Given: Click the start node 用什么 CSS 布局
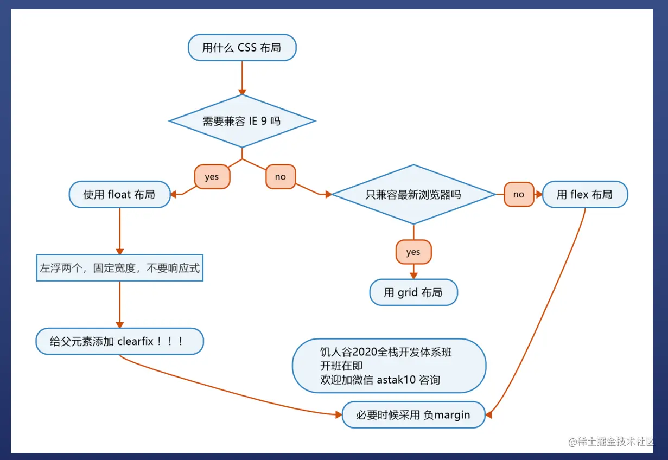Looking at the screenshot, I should pyautogui.click(x=242, y=48).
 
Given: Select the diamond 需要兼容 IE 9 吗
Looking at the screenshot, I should pyautogui.click(x=242, y=121).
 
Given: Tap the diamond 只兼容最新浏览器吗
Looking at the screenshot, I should pyautogui.click(x=413, y=194).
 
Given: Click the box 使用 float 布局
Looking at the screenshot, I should pyautogui.click(x=119, y=194).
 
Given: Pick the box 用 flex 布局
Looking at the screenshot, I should pyautogui.click(x=585, y=194).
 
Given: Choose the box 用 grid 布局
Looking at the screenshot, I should pyautogui.click(x=413, y=293).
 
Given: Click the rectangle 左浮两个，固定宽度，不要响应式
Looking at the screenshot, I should pyautogui.click(x=119, y=268).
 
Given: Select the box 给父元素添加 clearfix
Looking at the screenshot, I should pyautogui.click(x=119, y=342).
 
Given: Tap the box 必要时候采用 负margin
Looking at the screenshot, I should pyautogui.click(x=413, y=415).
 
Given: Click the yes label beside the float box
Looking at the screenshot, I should pyautogui.click(x=212, y=177).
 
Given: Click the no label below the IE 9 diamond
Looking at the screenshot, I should pyautogui.click(x=280, y=177).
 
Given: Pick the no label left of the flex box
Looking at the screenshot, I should pyautogui.click(x=519, y=194).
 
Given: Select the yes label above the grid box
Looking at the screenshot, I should pyautogui.click(x=413, y=252).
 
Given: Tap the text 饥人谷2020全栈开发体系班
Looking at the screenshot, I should pyautogui.click(x=386, y=353).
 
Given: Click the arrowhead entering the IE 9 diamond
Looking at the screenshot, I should pyautogui.click(x=242, y=91).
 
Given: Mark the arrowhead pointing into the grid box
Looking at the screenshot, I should pyautogui.click(x=413, y=276).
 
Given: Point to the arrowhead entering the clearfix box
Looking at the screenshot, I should pyautogui.click(x=119, y=324).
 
